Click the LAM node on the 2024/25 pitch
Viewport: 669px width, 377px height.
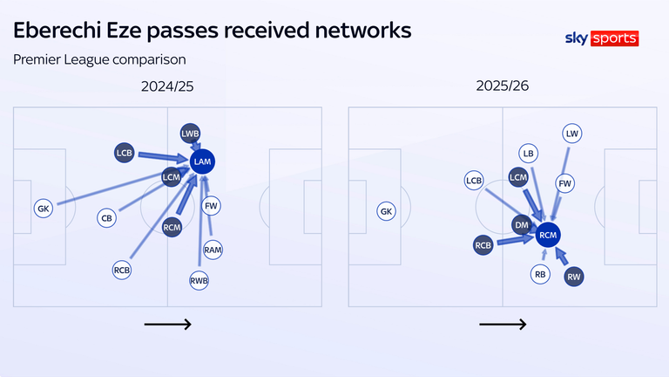(x=203, y=161)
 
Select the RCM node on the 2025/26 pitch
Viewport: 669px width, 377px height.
(x=548, y=235)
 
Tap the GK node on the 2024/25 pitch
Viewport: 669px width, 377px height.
(x=44, y=209)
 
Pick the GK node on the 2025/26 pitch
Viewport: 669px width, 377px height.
(x=387, y=211)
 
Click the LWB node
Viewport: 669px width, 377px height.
(x=191, y=134)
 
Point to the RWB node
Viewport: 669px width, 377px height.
(x=199, y=281)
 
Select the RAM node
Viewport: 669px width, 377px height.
(x=213, y=250)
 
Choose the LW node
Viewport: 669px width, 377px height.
(x=572, y=134)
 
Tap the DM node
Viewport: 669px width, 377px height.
(x=522, y=224)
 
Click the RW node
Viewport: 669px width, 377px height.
(x=574, y=277)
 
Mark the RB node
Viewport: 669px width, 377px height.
(x=540, y=274)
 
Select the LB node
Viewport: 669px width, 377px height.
(x=526, y=153)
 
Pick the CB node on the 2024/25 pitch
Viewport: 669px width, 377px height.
(x=106, y=218)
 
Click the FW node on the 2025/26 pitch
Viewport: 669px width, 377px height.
(x=565, y=184)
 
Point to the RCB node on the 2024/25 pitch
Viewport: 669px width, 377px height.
(x=122, y=270)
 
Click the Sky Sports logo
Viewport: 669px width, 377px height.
(x=602, y=38)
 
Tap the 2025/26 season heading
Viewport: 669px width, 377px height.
(x=502, y=86)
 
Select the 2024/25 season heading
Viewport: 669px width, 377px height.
(x=167, y=86)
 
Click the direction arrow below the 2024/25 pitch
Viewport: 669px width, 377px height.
(x=167, y=324)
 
